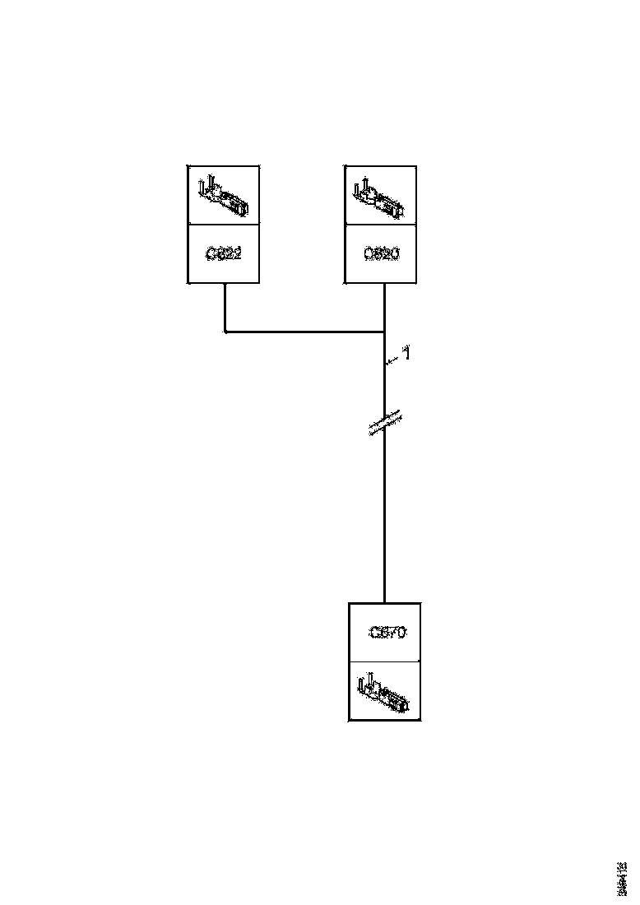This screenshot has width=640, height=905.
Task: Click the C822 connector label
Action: [x=224, y=254]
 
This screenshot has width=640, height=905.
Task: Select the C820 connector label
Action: [x=381, y=254]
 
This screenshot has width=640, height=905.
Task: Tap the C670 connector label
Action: [x=386, y=633]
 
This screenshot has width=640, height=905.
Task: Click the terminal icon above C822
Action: [x=222, y=195]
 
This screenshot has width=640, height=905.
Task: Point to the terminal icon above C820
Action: [x=379, y=196]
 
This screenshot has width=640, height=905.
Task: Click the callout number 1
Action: [x=406, y=354]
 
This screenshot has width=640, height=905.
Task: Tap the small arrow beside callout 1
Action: [x=392, y=360]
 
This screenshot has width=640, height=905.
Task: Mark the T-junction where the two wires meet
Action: [x=385, y=332]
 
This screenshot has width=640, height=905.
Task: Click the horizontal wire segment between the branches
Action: [x=304, y=332]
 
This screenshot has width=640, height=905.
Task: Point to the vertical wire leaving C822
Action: [x=225, y=308]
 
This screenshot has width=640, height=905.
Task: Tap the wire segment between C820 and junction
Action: [x=385, y=308]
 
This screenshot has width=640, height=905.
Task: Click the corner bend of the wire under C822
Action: [x=225, y=332]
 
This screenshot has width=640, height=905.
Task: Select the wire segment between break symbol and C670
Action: [x=384, y=518]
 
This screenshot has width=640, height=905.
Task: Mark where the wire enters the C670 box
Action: [x=384, y=603]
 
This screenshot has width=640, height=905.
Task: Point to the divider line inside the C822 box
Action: [x=224, y=224]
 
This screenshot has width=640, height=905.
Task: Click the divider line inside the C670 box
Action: [x=385, y=661]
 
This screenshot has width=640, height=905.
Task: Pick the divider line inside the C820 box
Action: [x=380, y=224]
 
